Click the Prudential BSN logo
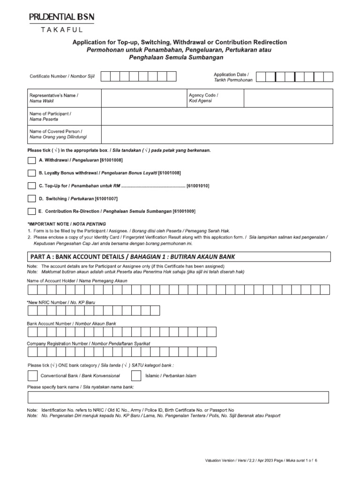[x=61, y=17]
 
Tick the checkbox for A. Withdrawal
[x=31, y=160]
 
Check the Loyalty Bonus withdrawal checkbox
[x=31, y=173]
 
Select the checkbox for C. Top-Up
[x=31, y=186]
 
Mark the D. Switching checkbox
[x=31, y=198]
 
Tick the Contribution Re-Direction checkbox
[x=31, y=211]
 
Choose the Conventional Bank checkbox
[x=32, y=375]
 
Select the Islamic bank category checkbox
[x=136, y=375]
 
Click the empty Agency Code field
[x=288, y=98]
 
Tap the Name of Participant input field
[x=217, y=116]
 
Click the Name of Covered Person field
[x=217, y=134]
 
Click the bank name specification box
[x=178, y=397]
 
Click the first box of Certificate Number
[x=106, y=76]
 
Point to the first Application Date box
[x=262, y=77]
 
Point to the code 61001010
[x=197, y=186]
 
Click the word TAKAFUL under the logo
[x=61, y=30]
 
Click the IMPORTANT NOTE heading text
[x=67, y=224]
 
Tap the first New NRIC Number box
[x=32, y=311]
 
